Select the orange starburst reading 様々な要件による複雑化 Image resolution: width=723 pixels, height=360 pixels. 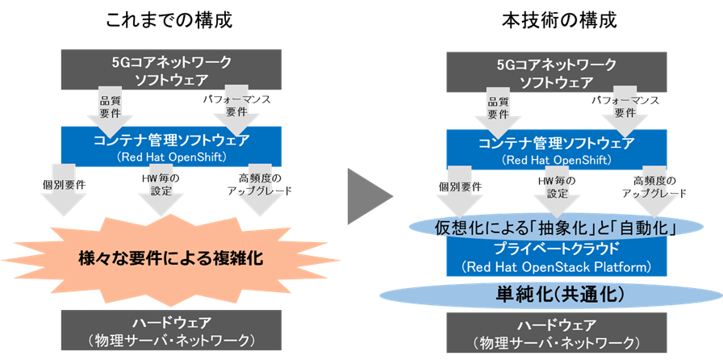pyautogui.click(x=172, y=259)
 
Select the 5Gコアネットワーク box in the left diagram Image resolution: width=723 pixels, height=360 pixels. pyautogui.click(x=171, y=70)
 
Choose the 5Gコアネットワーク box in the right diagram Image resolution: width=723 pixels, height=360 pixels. pyautogui.click(x=557, y=70)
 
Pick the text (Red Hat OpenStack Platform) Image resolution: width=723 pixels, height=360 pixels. pyautogui.click(x=558, y=266)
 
